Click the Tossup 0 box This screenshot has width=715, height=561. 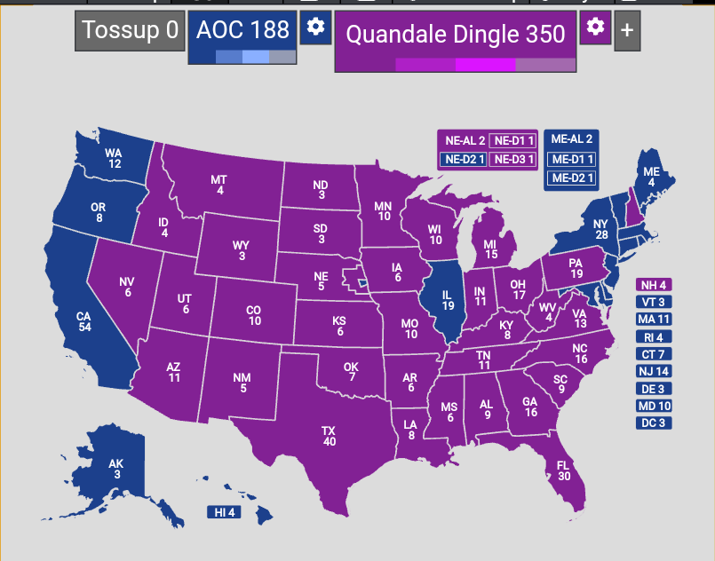click(130, 31)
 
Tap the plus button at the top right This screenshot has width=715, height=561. click(627, 31)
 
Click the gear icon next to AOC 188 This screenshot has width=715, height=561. click(315, 28)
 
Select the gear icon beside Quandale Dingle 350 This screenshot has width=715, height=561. click(596, 27)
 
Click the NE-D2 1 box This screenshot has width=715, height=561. click(463, 160)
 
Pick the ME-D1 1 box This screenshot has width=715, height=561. click(571, 160)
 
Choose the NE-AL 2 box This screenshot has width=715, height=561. click(463, 140)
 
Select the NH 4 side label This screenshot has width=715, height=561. click(653, 285)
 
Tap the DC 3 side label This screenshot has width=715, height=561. click(653, 423)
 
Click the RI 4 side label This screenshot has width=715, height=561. click(653, 337)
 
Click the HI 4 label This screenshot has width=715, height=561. click(225, 512)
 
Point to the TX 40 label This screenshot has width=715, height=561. click(330, 436)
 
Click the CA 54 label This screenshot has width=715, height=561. click(84, 322)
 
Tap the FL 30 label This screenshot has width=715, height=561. click(563, 470)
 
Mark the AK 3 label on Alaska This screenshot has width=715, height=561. click(116, 469)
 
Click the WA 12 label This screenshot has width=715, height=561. click(115, 158)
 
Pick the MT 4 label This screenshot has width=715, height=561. click(219, 185)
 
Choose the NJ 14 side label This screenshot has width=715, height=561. click(653, 371)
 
